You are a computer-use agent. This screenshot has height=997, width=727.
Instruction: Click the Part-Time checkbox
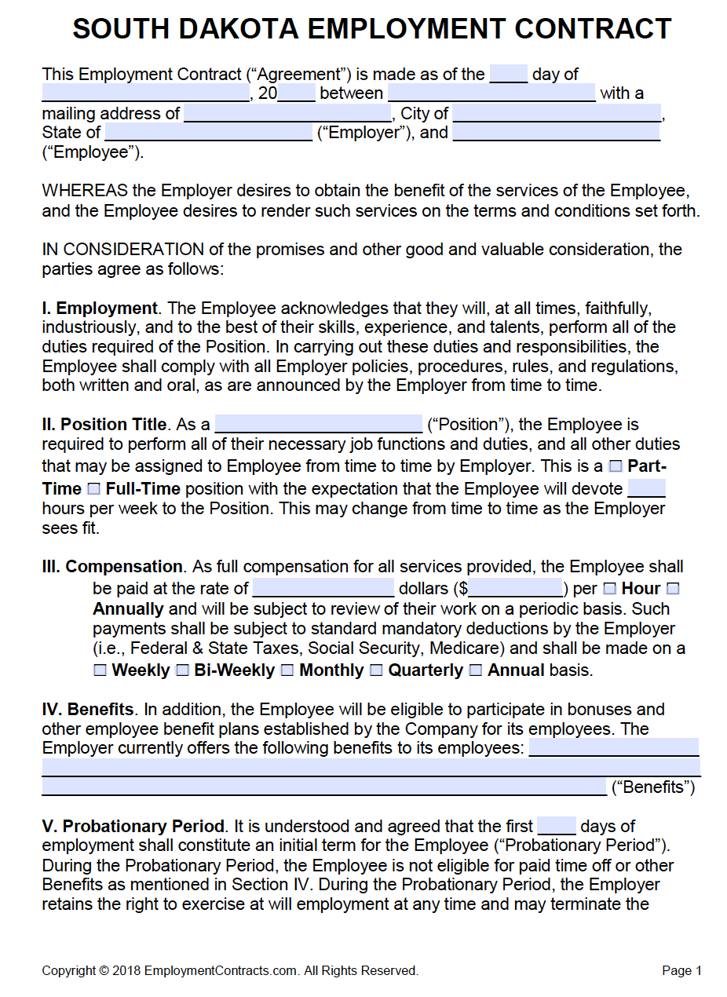616,466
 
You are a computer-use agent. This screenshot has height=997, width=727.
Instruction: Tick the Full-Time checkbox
94,489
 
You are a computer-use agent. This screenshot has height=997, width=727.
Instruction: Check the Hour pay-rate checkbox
609,588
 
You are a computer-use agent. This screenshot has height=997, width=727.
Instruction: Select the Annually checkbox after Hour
673,588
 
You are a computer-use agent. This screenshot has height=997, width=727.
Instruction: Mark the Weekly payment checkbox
100,670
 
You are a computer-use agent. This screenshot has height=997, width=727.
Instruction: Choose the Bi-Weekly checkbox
182,670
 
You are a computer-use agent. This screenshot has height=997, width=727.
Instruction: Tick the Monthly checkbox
287,670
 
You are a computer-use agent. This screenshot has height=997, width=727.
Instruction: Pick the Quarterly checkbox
376,670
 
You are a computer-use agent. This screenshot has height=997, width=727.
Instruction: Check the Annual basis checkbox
476,670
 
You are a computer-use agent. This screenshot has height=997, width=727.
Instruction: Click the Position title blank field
318,424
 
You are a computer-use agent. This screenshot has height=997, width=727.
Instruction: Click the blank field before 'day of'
509,74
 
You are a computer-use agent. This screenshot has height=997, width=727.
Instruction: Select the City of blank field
557,113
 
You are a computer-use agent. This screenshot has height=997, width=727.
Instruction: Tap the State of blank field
208,132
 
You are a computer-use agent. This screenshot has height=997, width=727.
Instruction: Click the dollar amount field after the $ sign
516,588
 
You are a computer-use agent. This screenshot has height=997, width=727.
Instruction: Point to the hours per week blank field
647,488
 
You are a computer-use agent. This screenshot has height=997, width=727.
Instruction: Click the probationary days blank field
557,826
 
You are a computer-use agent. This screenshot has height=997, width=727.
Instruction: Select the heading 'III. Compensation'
112,567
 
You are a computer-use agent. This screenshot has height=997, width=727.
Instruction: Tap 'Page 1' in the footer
681,971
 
